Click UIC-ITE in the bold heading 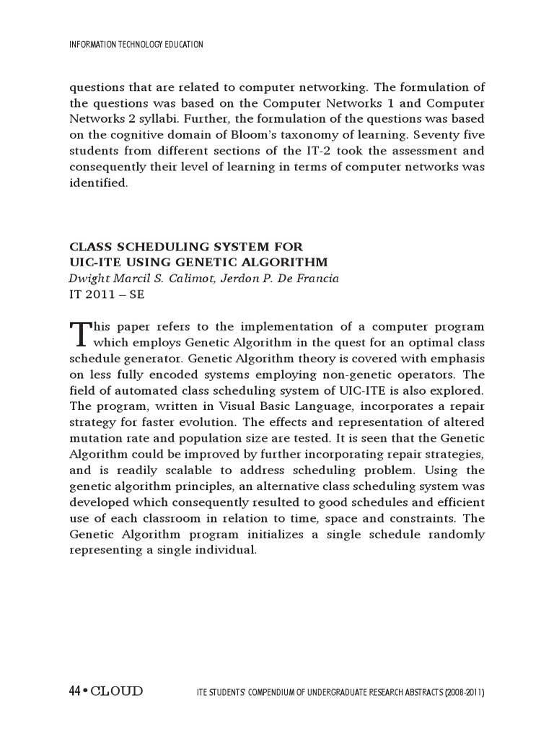click(x=93, y=261)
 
